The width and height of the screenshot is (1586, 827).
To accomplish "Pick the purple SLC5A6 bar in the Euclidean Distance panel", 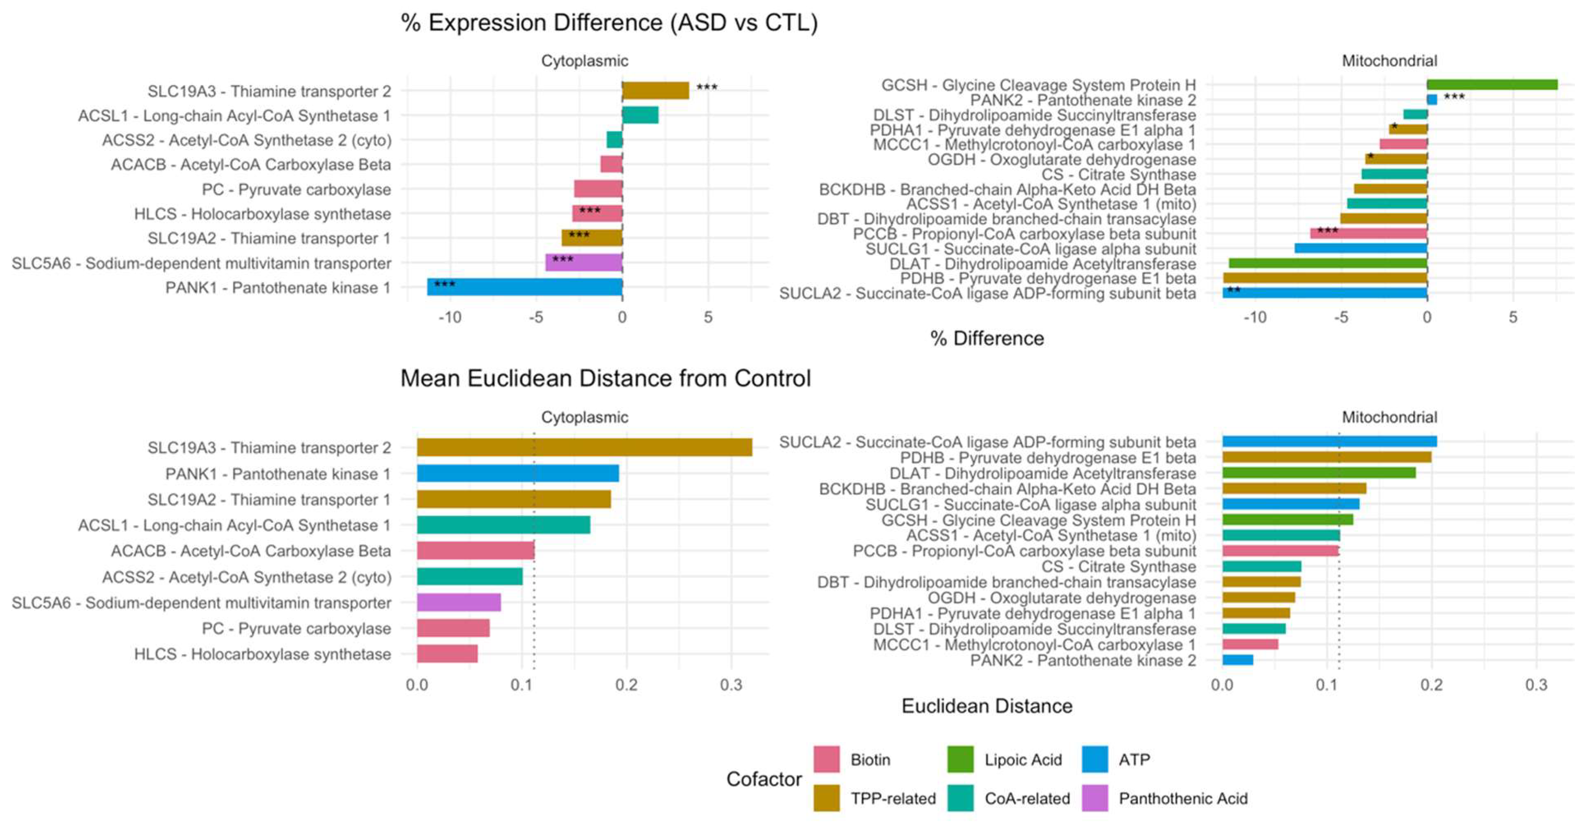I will click(x=458, y=602).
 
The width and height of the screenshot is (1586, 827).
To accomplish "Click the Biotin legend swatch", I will click(x=826, y=759).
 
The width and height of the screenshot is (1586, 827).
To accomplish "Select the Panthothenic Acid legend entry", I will click(x=1182, y=798).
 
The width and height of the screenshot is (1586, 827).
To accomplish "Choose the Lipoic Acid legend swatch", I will click(x=960, y=759).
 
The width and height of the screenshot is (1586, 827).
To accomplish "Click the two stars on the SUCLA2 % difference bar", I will click(x=1234, y=289).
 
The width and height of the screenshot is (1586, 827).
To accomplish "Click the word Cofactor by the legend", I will click(x=764, y=779).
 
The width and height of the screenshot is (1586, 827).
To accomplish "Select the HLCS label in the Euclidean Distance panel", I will click(x=262, y=654).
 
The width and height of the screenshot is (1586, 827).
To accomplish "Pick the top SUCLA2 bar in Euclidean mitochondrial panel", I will click(x=1329, y=441).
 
